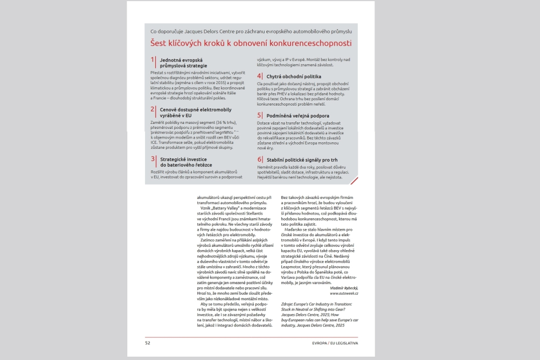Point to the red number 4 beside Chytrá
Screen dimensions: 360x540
pyautogui.click(x=259, y=77)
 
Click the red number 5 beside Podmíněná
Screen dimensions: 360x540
pyautogui.click(x=259, y=115)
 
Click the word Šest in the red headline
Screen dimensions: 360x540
pyautogui.click(x=158, y=43)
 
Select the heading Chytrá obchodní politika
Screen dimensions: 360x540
pyautogui.click(x=294, y=77)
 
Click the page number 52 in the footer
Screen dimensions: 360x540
pyautogui.click(x=148, y=342)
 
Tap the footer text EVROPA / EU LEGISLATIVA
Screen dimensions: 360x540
pyautogui.click(x=335, y=342)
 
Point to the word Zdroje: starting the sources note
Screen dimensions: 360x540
pyautogui.click(x=288, y=304)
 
